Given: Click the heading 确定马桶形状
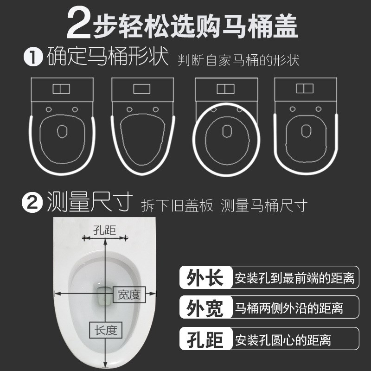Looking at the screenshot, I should (x=107, y=58).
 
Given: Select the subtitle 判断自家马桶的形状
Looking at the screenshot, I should (x=238, y=61).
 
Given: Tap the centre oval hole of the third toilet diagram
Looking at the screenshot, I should (x=226, y=132).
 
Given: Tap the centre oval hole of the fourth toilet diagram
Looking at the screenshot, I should (x=305, y=131).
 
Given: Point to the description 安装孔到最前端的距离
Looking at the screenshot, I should (x=294, y=278).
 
